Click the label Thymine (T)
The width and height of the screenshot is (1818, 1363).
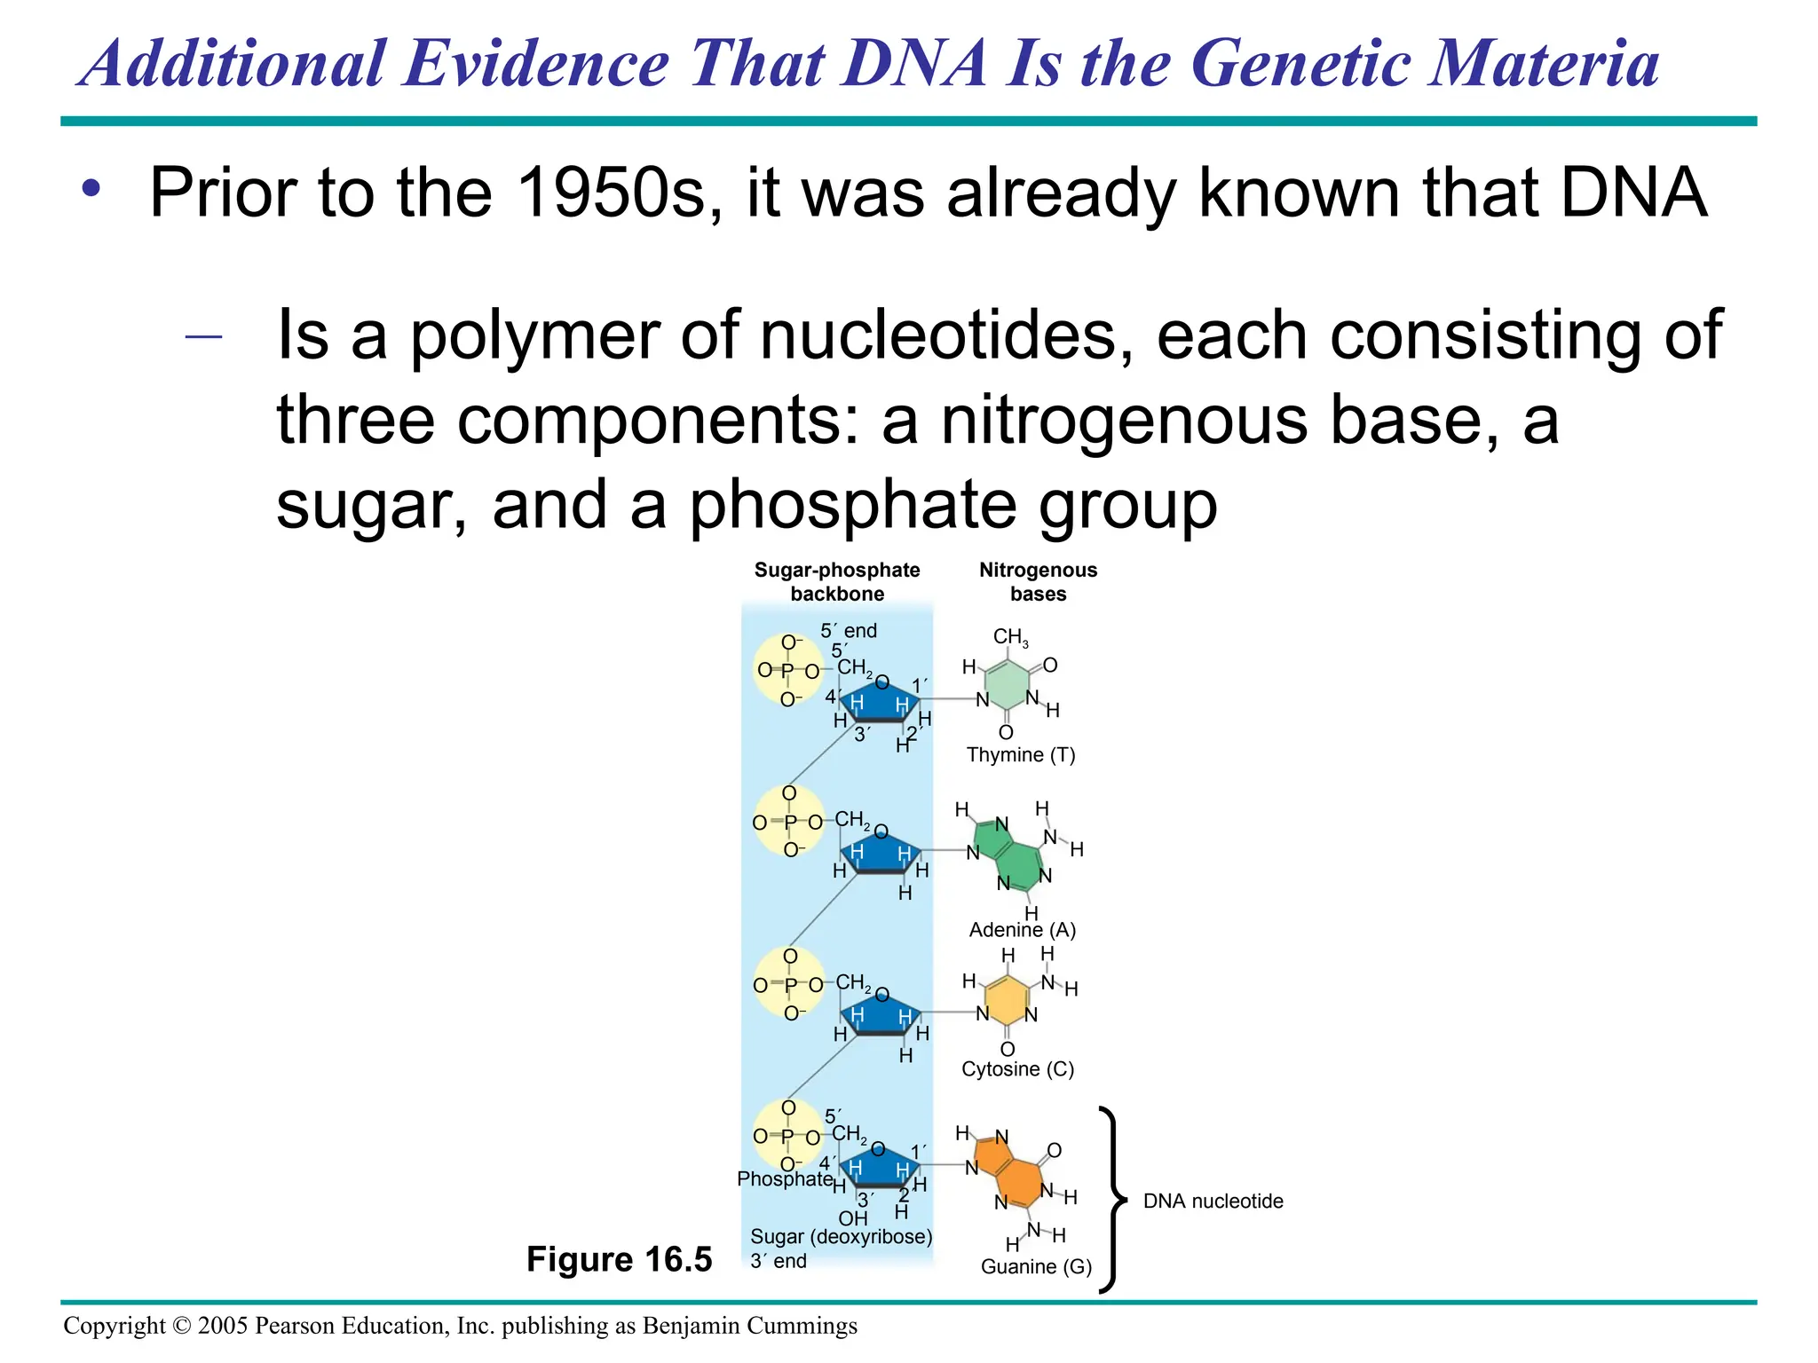(1020, 755)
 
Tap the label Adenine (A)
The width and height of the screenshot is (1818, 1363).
(1022, 930)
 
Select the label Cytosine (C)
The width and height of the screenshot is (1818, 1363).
(1017, 1068)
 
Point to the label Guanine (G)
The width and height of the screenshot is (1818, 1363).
(1036, 1266)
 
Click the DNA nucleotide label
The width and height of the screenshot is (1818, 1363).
(1213, 1201)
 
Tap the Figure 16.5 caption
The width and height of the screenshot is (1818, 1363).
(619, 1259)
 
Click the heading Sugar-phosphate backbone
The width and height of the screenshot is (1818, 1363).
(837, 582)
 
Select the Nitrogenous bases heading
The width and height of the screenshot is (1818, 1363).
(1038, 582)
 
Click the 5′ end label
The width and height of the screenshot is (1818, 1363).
(848, 631)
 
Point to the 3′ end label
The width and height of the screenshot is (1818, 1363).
(778, 1261)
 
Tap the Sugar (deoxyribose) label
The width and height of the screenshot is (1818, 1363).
(841, 1236)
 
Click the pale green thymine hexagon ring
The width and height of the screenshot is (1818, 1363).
(1008, 684)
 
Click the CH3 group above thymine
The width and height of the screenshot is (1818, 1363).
(1010, 637)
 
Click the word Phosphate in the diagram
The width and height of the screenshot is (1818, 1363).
(785, 1178)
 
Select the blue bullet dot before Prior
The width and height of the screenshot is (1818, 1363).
(91, 189)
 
